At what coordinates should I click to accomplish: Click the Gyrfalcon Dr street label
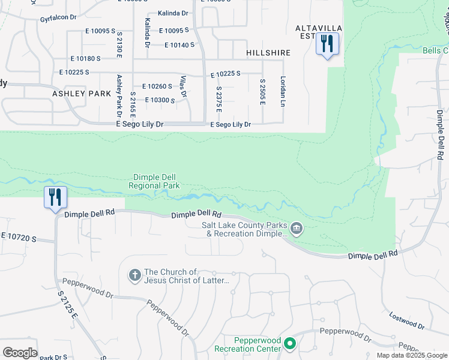(x=58, y=18)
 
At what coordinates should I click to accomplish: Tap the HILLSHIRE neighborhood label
(x=268, y=53)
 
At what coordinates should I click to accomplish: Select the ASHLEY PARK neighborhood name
(x=82, y=94)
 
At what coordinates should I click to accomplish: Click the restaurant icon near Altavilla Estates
(x=328, y=44)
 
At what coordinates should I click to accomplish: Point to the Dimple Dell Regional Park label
(x=154, y=181)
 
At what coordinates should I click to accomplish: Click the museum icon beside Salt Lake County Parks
(x=297, y=229)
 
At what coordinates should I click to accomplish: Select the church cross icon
(x=135, y=275)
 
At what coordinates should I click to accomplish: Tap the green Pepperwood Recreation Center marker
(x=290, y=344)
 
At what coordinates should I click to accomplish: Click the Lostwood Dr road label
(x=406, y=321)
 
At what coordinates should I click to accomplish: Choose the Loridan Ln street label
(x=282, y=91)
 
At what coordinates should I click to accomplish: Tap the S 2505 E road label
(x=262, y=92)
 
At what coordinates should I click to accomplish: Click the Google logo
(x=20, y=353)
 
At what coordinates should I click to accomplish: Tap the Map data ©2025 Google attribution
(x=412, y=355)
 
